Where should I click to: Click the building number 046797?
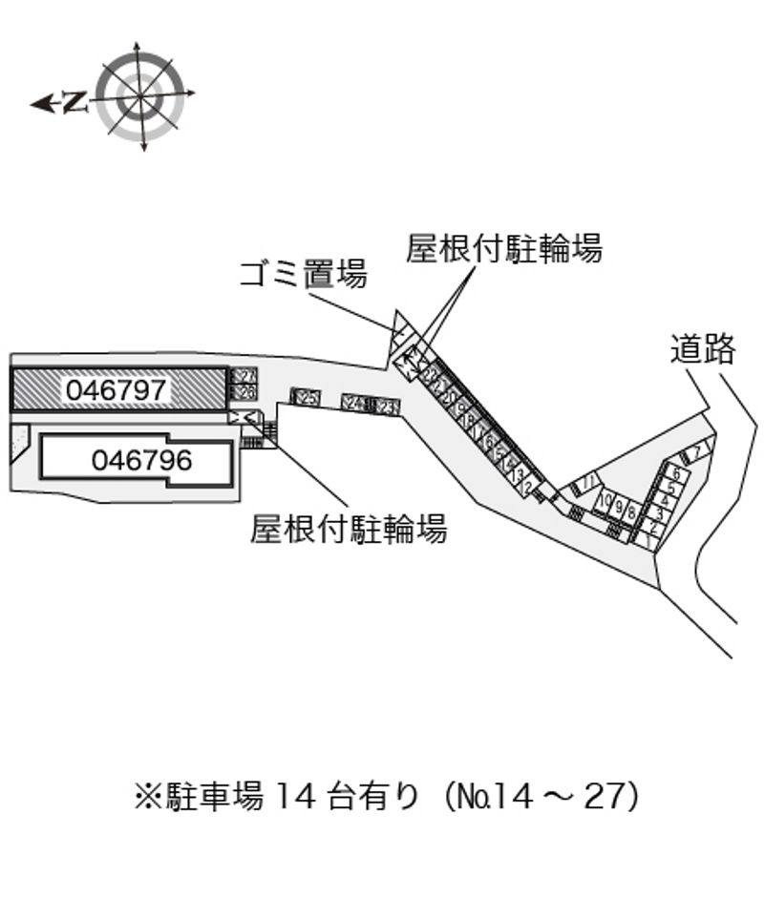[x=117, y=389]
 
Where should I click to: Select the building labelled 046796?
[x=141, y=461]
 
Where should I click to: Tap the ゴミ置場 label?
[x=303, y=275]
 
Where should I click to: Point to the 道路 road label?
[x=702, y=349]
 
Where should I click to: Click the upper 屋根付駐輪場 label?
[x=503, y=249]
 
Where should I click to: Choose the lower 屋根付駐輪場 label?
[x=349, y=528]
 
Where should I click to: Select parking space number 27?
[x=244, y=377]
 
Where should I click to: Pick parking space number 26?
[x=244, y=392]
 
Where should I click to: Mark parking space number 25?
[x=306, y=397]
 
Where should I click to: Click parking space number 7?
[x=698, y=451]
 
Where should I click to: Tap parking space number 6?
[x=675, y=474]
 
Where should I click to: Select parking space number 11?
[x=589, y=482]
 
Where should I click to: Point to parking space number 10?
[x=605, y=501]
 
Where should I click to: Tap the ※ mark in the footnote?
[x=147, y=795]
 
